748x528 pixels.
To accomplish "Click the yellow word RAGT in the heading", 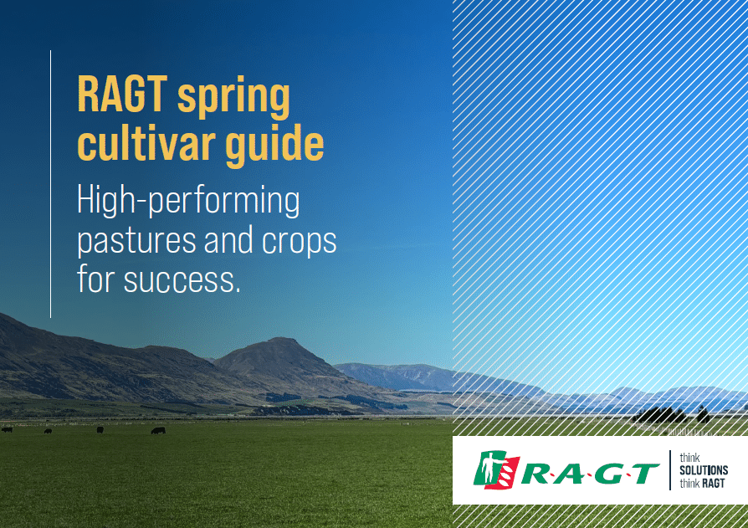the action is pyautogui.click(x=122, y=94).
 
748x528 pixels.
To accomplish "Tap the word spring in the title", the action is pyautogui.click(x=233, y=97).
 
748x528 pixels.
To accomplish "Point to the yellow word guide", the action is pyautogui.click(x=274, y=145).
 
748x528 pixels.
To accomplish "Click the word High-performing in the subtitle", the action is pyautogui.click(x=188, y=201).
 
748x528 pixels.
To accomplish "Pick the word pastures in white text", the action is pyautogui.click(x=136, y=241).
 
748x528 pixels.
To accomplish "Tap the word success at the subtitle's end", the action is pyautogui.click(x=182, y=280).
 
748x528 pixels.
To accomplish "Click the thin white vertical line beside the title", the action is pyautogui.click(x=50, y=183).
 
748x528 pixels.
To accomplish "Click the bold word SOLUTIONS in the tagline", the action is pyautogui.click(x=704, y=470).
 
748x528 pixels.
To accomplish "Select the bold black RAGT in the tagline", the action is pyautogui.click(x=714, y=483).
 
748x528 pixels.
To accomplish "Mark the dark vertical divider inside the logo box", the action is pyautogui.click(x=669, y=469).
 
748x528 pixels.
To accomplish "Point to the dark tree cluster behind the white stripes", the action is pyautogui.click(x=661, y=415).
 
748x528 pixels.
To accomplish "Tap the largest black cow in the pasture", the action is pyautogui.click(x=158, y=431).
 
